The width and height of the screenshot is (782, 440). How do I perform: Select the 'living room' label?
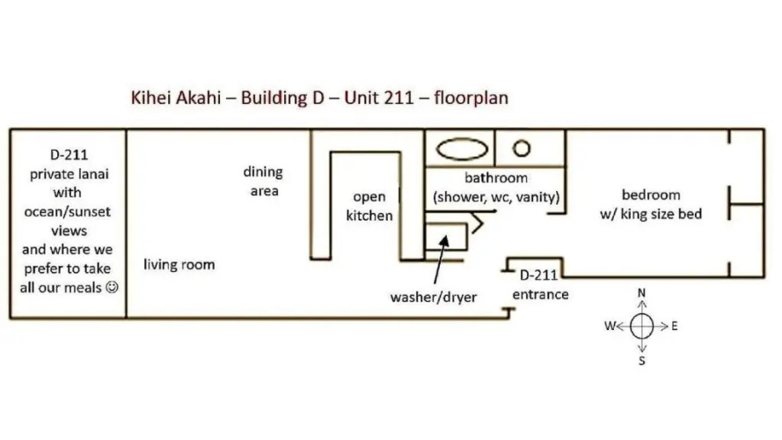click(179, 264)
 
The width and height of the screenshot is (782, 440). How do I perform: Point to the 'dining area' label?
click(263, 181)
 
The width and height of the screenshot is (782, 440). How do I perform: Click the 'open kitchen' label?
click(369, 206)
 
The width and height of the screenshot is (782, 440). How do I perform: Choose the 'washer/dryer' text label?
click(434, 297)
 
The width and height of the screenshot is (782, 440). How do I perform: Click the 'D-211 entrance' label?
click(541, 285)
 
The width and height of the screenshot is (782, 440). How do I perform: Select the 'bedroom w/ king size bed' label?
click(651, 204)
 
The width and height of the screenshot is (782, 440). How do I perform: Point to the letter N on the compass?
click(642, 293)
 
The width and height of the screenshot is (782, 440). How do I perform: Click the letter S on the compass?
click(642, 361)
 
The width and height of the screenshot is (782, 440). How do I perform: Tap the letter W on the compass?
click(610, 326)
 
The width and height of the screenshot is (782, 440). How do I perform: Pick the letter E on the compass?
click(675, 326)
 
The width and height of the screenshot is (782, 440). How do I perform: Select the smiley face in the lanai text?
click(113, 288)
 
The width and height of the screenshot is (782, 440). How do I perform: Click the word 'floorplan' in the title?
click(471, 98)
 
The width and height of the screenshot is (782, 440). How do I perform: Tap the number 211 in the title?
click(399, 98)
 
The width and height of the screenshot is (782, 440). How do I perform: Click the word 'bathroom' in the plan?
click(496, 178)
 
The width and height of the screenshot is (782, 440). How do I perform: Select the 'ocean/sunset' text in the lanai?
click(68, 212)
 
